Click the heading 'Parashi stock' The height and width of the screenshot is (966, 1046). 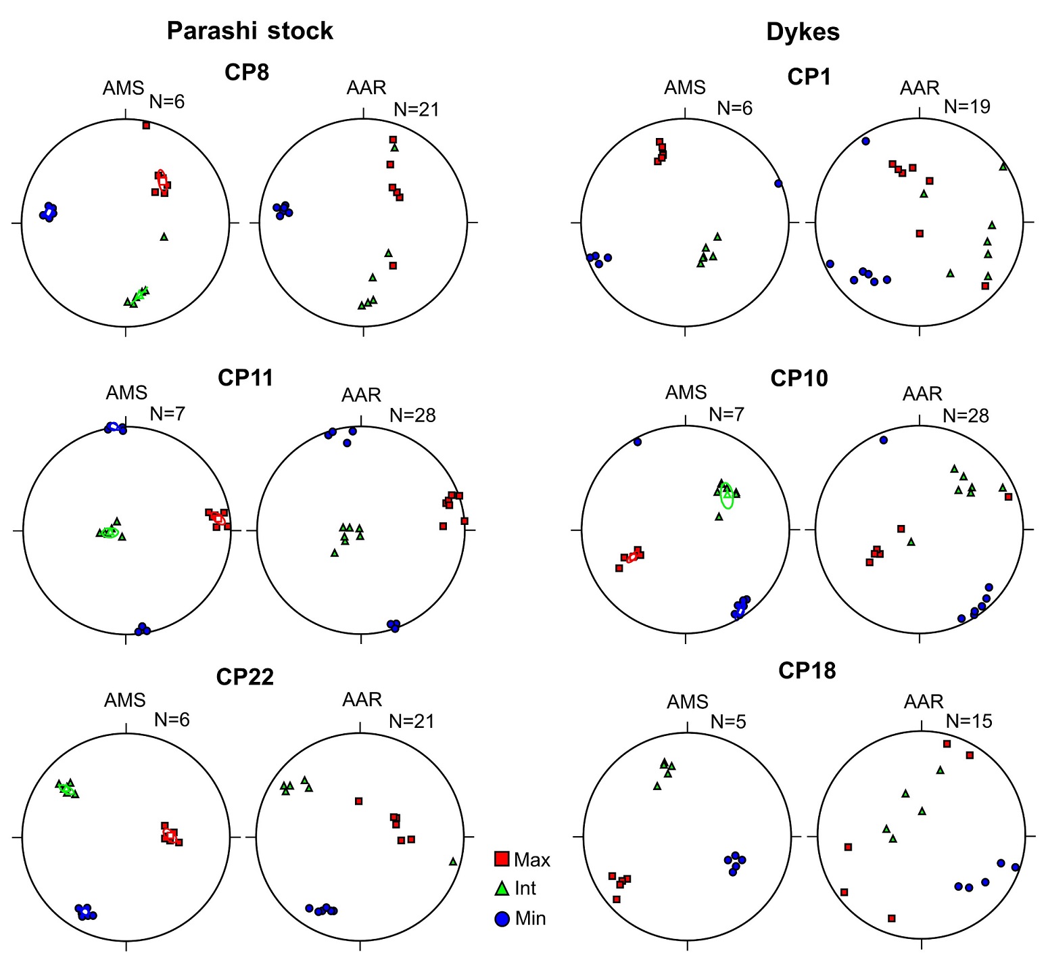pos(249,31)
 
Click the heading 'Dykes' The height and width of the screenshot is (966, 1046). pos(803,32)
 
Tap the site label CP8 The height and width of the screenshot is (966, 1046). pos(247,72)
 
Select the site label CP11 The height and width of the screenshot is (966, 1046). pos(245,377)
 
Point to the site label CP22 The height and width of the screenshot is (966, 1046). pos(245,676)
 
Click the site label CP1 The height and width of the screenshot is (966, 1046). pos(809,77)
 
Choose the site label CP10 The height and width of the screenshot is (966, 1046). pos(799,378)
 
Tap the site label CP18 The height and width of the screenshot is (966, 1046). pos(807,670)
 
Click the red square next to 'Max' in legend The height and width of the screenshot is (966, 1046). pos(502,859)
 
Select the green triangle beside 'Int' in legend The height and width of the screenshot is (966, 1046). pos(502,888)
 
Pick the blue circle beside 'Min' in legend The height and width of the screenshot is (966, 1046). pos(502,919)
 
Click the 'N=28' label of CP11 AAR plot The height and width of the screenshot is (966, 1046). pos(412,415)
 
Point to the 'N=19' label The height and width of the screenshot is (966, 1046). pos(967,106)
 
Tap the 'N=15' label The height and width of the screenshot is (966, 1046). pos(969,721)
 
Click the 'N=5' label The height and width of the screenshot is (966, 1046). pos(728,722)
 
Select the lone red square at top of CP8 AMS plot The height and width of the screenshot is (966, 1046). pos(146,125)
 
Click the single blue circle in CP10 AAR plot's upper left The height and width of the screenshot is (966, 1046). pos(883,440)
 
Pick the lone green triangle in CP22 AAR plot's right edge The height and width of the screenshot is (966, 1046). pos(453,861)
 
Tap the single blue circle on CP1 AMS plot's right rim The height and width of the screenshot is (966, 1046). pos(778,183)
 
